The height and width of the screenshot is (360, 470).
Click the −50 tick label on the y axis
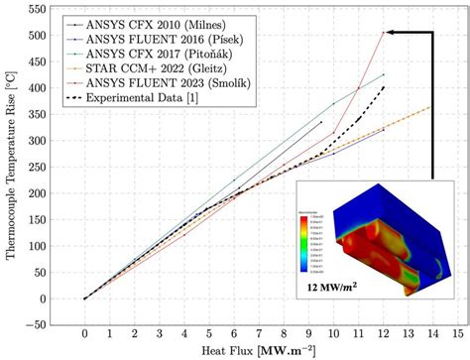tap(36, 324)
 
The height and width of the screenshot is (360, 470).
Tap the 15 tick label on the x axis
tap(458, 334)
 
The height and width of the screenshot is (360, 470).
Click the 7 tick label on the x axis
tap(259, 334)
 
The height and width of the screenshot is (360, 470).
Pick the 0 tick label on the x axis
tap(85, 334)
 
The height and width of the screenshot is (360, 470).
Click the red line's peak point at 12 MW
tap(384, 33)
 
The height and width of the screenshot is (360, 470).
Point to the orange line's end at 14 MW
tap(433, 106)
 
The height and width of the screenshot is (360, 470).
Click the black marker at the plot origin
tap(85, 299)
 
